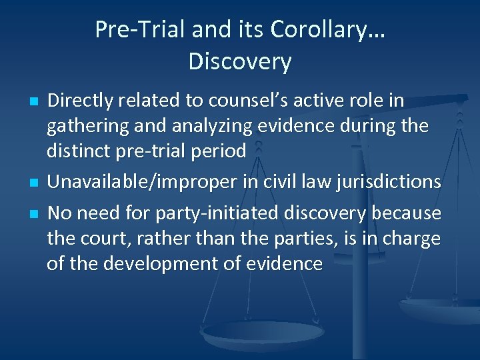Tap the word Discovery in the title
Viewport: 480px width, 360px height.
point(240,62)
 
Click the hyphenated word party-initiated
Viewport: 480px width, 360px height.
point(216,214)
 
